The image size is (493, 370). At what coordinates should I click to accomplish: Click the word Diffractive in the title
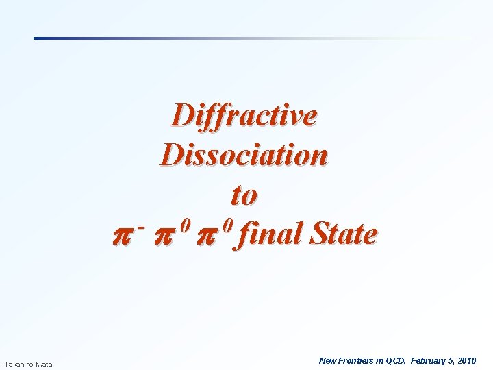click(244, 115)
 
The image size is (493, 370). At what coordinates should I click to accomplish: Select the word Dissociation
click(244, 155)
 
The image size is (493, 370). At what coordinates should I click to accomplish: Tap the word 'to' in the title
click(244, 195)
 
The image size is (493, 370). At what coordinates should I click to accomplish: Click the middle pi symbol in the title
click(170, 236)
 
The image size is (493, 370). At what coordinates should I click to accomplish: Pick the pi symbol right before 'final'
click(214, 236)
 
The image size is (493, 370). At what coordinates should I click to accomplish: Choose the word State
click(343, 234)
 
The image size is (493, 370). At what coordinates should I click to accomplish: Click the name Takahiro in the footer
click(18, 364)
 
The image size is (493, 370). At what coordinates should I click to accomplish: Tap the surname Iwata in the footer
click(44, 364)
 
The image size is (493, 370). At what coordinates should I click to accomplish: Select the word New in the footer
click(328, 360)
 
